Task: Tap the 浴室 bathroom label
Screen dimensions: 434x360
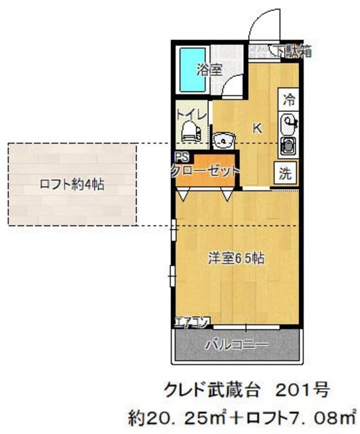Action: pos(209,70)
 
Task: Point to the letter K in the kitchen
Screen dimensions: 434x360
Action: pos(258,127)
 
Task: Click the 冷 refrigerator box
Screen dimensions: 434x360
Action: pos(289,100)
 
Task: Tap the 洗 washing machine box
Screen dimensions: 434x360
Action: pos(287,172)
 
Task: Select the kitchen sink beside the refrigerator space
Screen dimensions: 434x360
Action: pos(288,125)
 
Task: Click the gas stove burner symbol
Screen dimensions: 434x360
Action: pos(287,146)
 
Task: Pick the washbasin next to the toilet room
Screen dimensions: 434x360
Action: pos(222,140)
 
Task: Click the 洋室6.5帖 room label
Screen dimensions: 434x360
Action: pos(235,258)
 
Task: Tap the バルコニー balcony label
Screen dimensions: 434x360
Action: pos(237,344)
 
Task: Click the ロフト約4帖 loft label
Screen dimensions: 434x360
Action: pos(71,184)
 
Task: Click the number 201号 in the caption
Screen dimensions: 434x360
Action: pos(302,390)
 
